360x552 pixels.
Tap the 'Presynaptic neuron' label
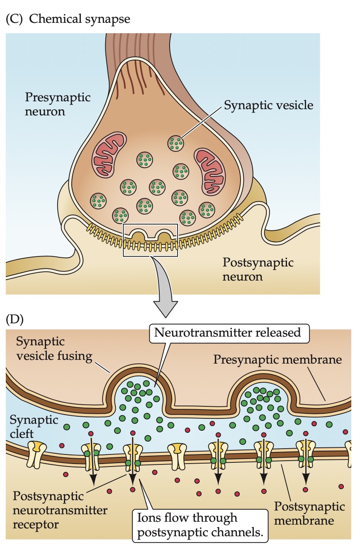58,104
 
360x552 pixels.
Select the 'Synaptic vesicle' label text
268,105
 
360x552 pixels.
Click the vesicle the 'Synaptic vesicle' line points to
176,143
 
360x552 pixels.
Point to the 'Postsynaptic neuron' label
258,269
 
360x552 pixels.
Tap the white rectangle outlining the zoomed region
150,240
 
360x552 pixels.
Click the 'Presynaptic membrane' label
277,359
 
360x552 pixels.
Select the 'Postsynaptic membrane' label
309,513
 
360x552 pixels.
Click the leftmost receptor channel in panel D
37,453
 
